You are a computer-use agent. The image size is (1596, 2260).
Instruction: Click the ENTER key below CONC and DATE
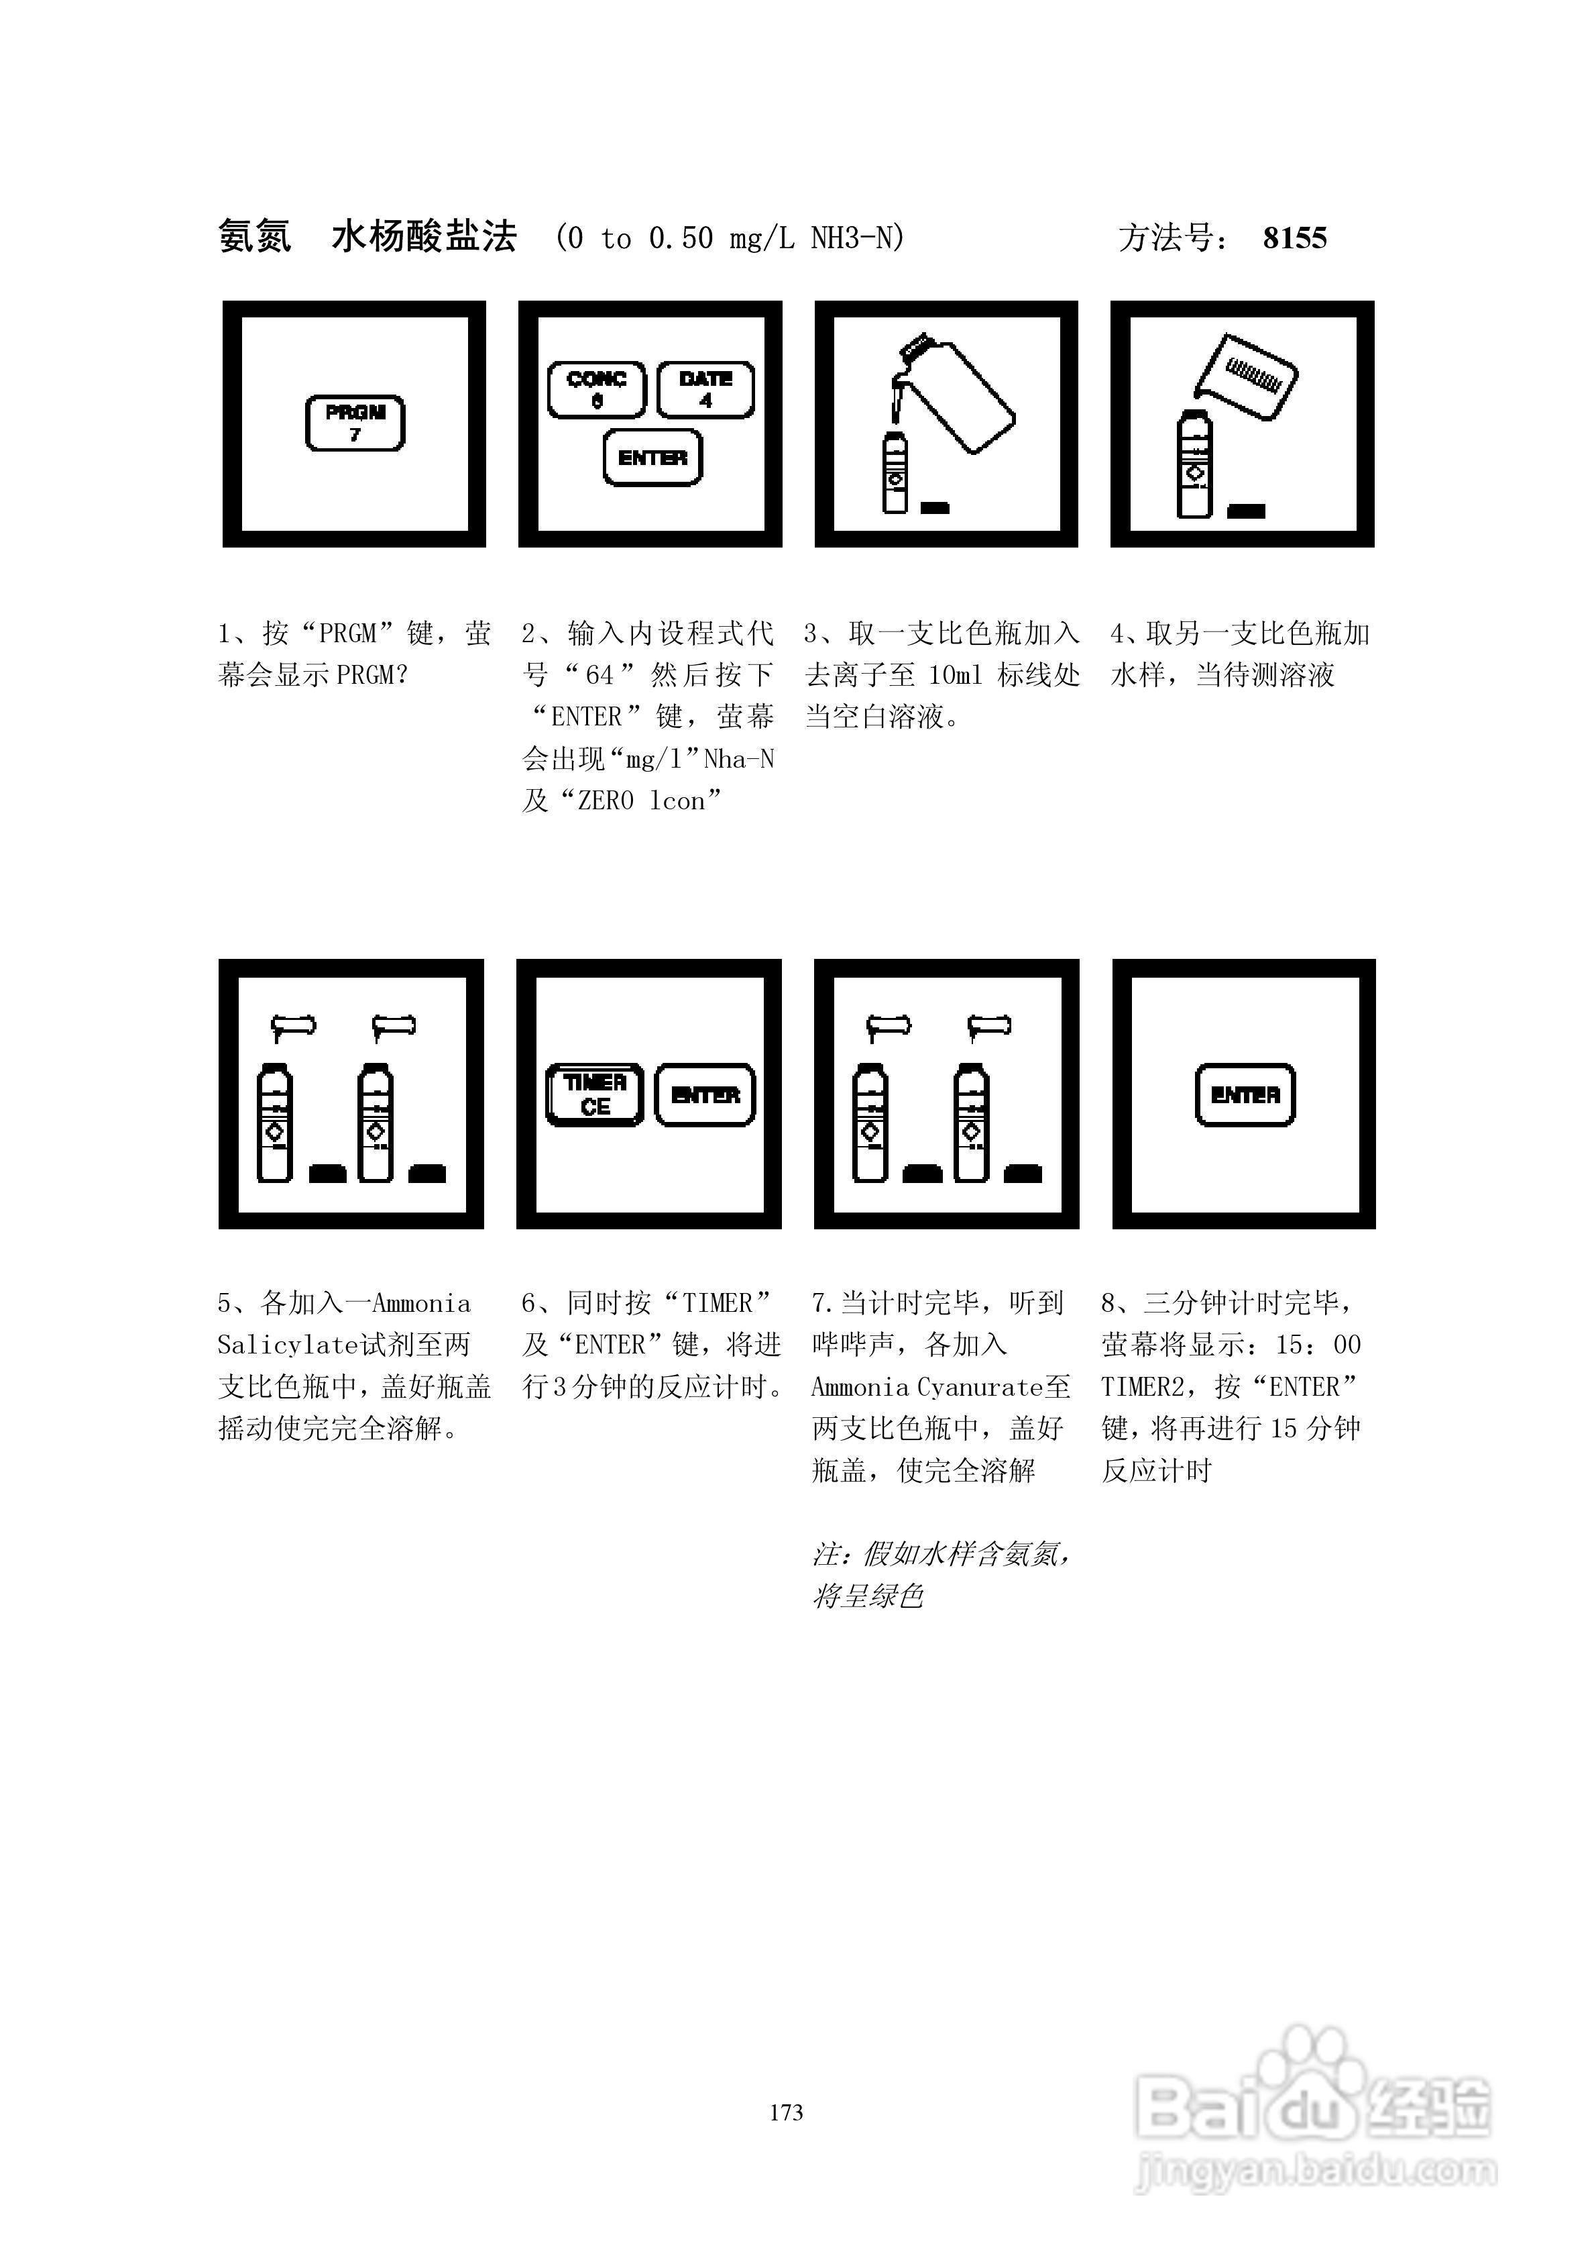[x=652, y=458]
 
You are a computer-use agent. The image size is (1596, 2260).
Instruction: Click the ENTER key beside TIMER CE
[x=705, y=1094]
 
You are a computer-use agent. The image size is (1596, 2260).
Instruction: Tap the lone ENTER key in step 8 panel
[x=1245, y=1094]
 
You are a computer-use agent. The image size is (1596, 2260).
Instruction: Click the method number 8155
[x=1294, y=238]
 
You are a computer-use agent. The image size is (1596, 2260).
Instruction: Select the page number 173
[x=786, y=2112]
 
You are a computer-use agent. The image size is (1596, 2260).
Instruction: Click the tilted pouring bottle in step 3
[x=960, y=394]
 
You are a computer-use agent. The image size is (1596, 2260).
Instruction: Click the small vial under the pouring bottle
[x=895, y=472]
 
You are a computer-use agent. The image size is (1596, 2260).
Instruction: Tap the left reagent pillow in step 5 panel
[x=293, y=1027]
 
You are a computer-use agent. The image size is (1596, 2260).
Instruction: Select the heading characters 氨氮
[x=255, y=238]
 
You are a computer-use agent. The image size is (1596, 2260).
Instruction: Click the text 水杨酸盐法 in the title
[x=424, y=238]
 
